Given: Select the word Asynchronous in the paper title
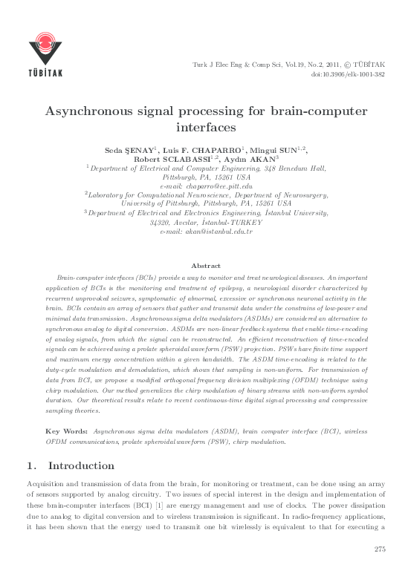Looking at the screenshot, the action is pyautogui.click(x=98, y=111).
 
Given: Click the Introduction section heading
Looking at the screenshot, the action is pyautogui.click(x=81, y=466).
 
